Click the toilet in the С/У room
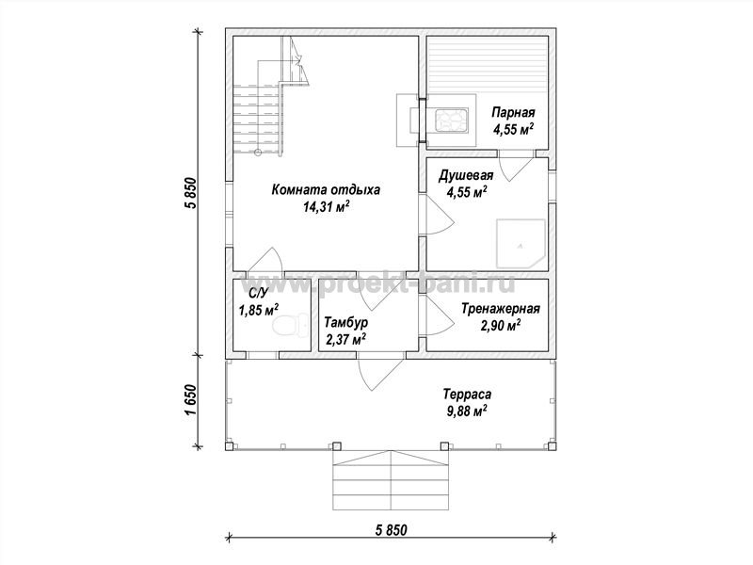tap(291, 325)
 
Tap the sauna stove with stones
tap(451, 120)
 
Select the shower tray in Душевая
tap(521, 244)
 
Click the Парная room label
tap(513, 113)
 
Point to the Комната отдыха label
tap(326, 190)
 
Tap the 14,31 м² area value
tap(325, 207)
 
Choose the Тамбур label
tap(345, 322)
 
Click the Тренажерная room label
tap(501, 309)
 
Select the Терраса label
tap(467, 395)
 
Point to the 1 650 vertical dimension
tap(191, 401)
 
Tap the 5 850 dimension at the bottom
tap(391, 530)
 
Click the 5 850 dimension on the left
tap(191, 193)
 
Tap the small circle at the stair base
tap(258, 153)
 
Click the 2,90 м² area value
tap(501, 326)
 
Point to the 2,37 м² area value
tap(345, 340)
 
